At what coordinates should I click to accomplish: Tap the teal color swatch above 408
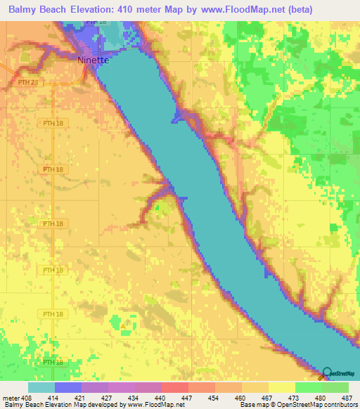coord(41,387)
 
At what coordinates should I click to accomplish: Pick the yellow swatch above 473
coord(281,387)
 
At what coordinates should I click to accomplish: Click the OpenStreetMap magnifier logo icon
coord(328,373)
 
